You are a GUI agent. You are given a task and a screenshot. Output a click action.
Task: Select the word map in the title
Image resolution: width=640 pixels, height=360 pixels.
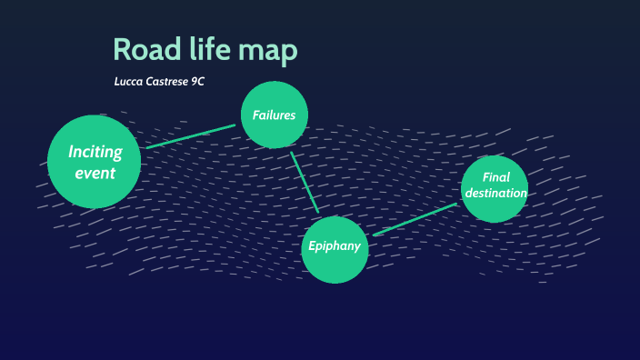[x=268, y=52]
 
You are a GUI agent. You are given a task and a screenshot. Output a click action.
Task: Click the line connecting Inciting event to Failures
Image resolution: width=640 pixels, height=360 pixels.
[x=191, y=135]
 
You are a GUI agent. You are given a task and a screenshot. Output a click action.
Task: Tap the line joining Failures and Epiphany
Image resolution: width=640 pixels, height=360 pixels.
[x=305, y=183]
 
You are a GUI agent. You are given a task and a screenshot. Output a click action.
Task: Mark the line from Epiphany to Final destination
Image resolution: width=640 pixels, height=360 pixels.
[x=415, y=219]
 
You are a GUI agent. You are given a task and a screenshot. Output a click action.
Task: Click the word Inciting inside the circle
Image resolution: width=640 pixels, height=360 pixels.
[x=95, y=152]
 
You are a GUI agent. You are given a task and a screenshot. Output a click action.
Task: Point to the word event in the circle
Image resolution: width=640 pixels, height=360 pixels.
[x=95, y=172]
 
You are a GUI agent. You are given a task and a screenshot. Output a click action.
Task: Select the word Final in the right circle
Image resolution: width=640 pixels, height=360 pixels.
[x=495, y=177]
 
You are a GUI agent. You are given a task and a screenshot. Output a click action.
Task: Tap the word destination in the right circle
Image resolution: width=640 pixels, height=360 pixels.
[x=495, y=193]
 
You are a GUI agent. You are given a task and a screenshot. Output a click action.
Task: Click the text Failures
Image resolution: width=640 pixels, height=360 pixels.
[x=275, y=115]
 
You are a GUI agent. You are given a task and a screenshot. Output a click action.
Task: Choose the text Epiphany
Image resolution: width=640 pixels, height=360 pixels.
[x=335, y=246]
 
